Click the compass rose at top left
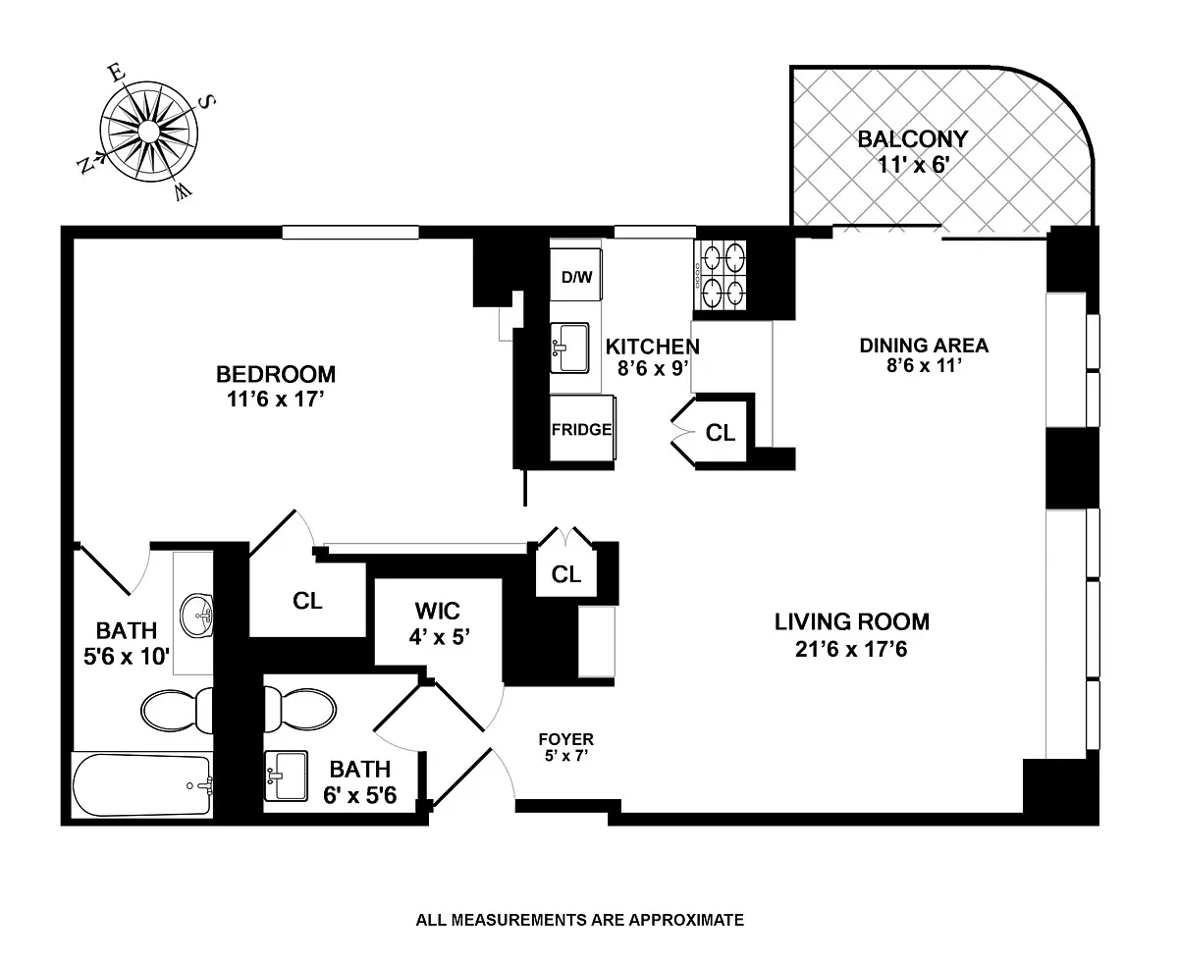[148, 132]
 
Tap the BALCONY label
[912, 139]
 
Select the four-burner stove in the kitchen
[721, 275]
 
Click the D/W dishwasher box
[576, 275]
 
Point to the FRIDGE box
[582, 428]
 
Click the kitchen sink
[569, 348]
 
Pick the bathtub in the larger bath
[142, 785]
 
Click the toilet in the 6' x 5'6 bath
[300, 709]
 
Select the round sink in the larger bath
[196, 616]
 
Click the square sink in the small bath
[286, 776]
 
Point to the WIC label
[438, 611]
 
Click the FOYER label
[565, 739]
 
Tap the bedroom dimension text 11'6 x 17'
[276, 400]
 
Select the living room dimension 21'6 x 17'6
[851, 649]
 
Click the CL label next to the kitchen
[720, 432]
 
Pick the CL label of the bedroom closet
[307, 601]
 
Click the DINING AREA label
[924, 346]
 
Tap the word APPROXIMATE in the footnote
[686, 919]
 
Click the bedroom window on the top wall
[350, 233]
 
